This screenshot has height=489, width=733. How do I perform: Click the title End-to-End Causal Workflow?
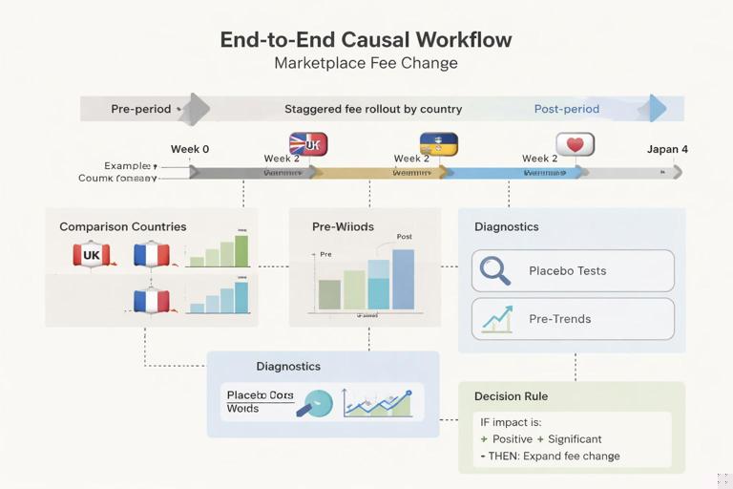point(366,39)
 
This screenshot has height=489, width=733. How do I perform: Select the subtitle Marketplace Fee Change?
point(366,64)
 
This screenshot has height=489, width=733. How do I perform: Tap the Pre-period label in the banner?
point(140,109)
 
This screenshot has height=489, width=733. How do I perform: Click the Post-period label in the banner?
point(567,109)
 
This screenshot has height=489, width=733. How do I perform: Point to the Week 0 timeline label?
point(190,149)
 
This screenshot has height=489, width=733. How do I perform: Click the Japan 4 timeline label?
point(667,149)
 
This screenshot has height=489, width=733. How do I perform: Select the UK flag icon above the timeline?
point(308,144)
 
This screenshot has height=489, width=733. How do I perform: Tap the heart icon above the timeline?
point(575,144)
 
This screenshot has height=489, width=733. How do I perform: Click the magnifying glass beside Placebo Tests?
point(495,271)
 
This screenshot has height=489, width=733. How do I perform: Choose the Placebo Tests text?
point(567,271)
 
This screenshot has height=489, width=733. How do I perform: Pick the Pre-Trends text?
point(559,318)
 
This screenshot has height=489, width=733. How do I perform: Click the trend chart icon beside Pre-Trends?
point(496,318)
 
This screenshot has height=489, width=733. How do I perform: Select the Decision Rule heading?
point(511,396)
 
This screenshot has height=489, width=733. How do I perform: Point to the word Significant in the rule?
point(575,439)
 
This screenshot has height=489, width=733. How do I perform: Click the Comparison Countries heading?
point(123,227)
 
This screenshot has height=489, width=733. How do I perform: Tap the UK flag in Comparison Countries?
point(92,255)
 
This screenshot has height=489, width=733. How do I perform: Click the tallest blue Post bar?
point(403,279)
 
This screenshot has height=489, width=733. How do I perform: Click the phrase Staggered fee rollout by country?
point(373,109)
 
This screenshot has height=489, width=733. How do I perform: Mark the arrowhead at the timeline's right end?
point(677,172)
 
